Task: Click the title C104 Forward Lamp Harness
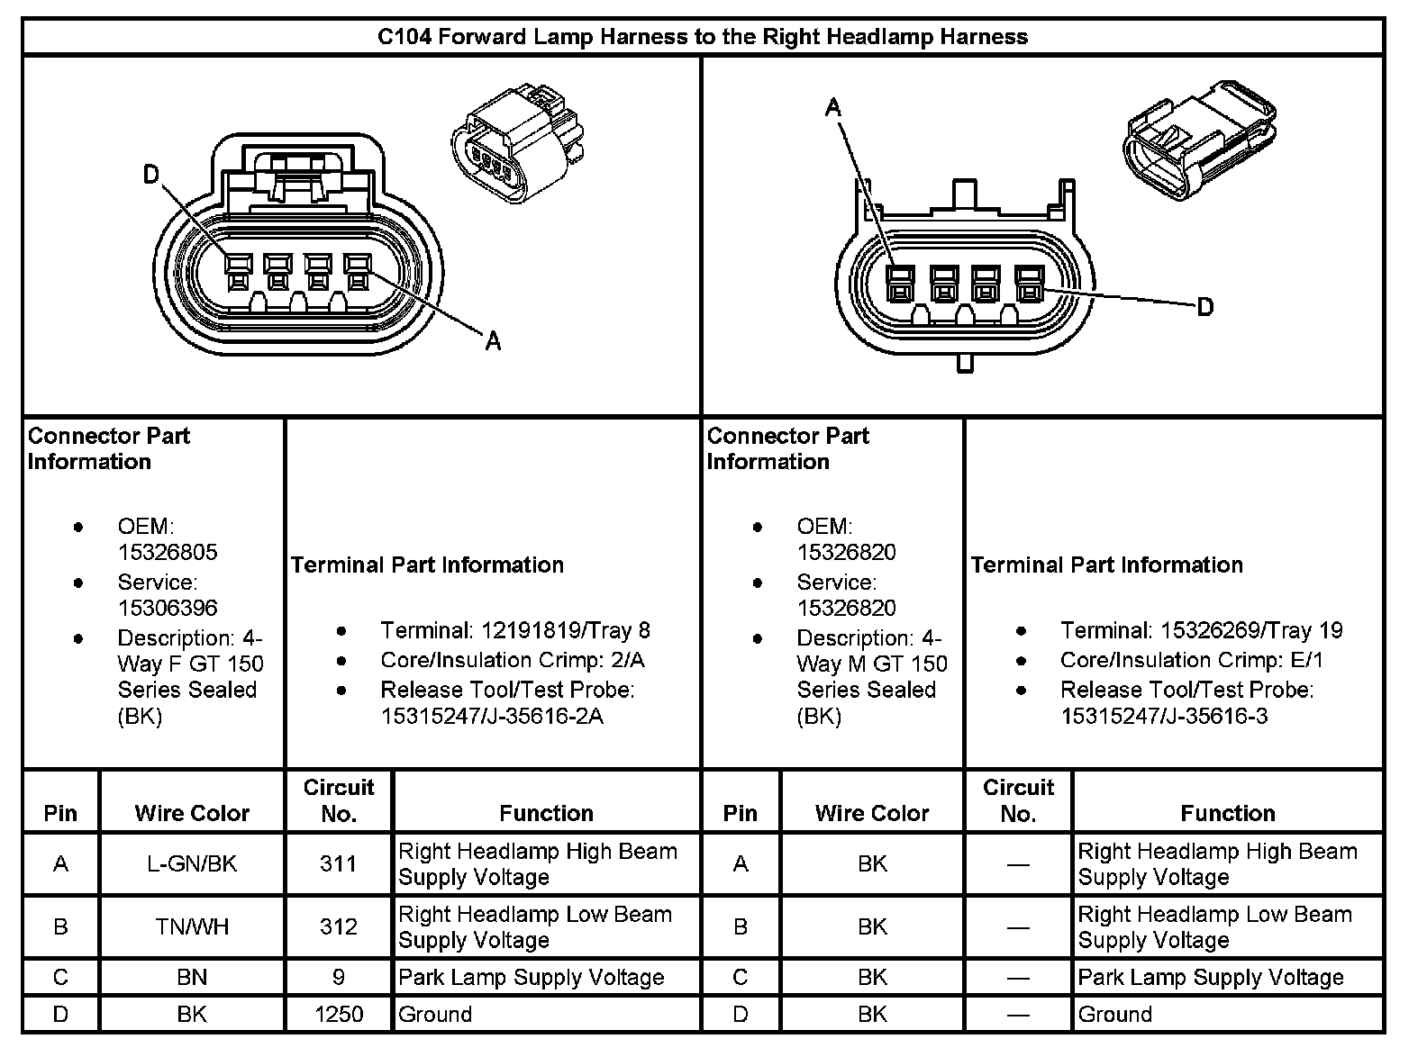[x=702, y=37]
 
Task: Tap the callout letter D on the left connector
[x=151, y=175]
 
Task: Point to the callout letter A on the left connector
[x=493, y=340]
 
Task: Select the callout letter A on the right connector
[x=833, y=108]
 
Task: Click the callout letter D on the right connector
[x=1204, y=307]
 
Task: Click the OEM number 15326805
[x=168, y=552]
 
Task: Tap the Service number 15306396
[x=168, y=608]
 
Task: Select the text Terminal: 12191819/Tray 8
[x=514, y=630]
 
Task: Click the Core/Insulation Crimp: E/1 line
[x=1191, y=660]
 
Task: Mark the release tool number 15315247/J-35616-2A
[x=492, y=716]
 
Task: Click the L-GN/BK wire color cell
[x=192, y=863]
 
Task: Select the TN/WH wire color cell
[x=192, y=926]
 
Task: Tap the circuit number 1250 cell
[x=339, y=1014]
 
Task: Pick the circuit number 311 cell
[x=339, y=863]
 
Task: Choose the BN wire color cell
[x=192, y=977]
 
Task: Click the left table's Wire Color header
[x=192, y=813]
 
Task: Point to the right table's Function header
[x=1227, y=813]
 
